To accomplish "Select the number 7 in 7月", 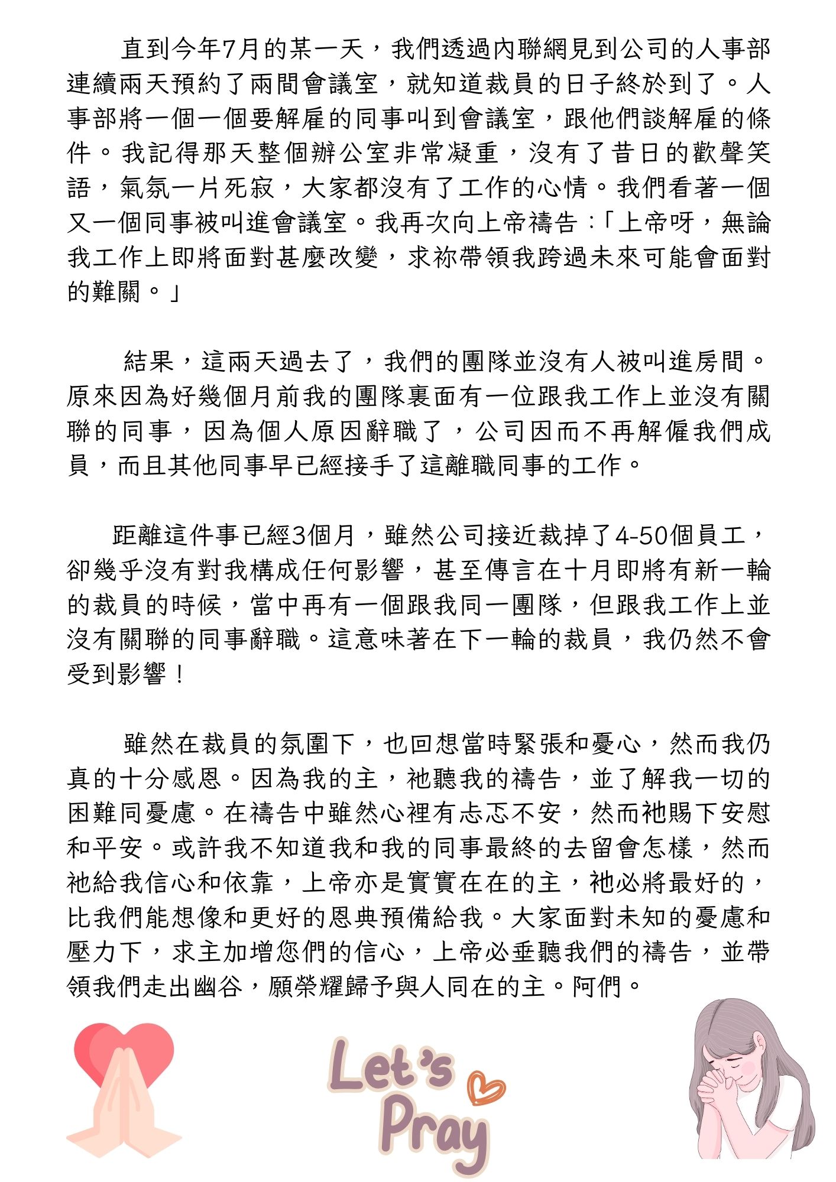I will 229,49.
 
